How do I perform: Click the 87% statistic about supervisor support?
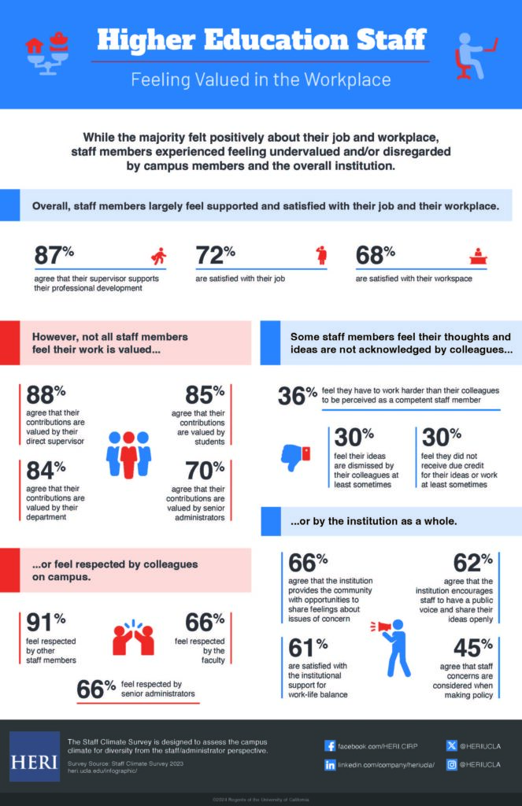pos(54,256)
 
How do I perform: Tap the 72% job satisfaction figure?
pos(215,256)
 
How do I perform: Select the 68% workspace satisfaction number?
pos(375,256)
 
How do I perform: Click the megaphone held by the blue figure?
pos(379,627)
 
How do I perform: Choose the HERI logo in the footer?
pos(34,756)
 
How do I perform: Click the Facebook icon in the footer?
pos(330,745)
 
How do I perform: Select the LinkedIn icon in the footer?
pos(330,765)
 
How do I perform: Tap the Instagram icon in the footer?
pos(451,765)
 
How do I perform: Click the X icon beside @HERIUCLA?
pos(451,745)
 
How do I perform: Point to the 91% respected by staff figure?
pos(45,623)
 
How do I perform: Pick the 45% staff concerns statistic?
pos(473,648)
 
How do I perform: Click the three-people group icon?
pos(128,454)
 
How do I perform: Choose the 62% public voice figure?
pos(473,564)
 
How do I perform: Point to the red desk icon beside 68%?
pos(476,257)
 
